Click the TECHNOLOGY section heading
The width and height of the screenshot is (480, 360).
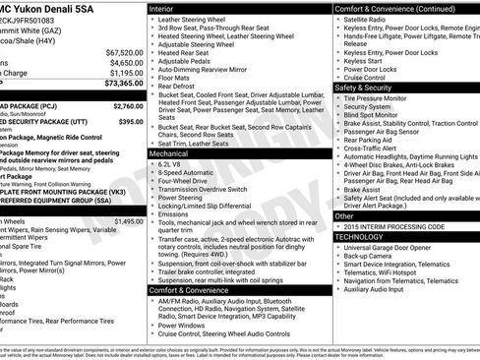pos(361,237)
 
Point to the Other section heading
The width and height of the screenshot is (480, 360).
pos(344,215)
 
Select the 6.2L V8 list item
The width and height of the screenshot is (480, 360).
pos(173,163)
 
